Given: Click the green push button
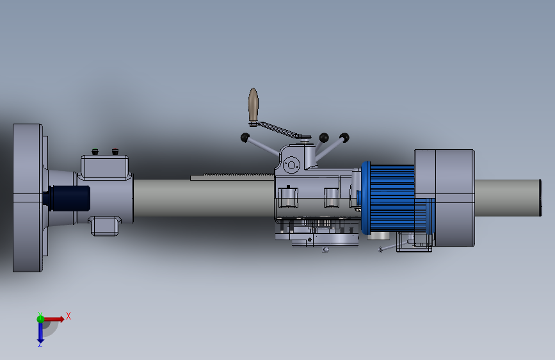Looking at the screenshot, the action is (x=95, y=152).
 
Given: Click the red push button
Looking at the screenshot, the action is (x=115, y=152).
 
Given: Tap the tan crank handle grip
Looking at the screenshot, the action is (x=253, y=104).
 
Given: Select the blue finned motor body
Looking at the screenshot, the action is (x=391, y=199).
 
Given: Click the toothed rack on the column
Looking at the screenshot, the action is (x=232, y=176).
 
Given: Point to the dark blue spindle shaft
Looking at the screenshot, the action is (x=67, y=199).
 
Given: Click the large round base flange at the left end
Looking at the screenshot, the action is (x=28, y=198).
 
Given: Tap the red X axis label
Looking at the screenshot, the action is (x=68, y=316).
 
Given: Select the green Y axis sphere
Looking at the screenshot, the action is (x=41, y=319).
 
